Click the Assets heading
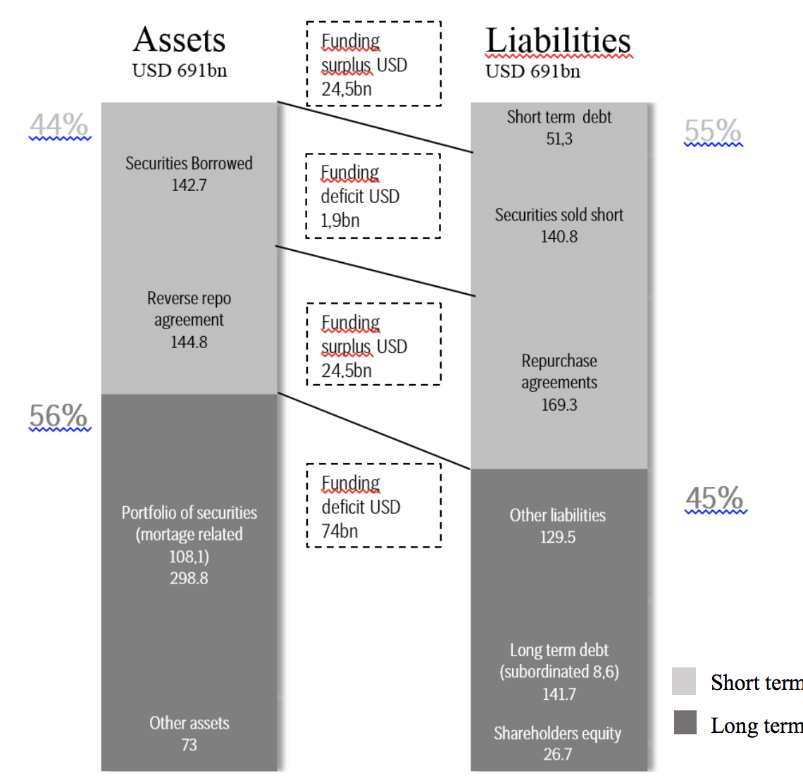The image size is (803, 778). point(180,40)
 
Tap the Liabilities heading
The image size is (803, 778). point(558,41)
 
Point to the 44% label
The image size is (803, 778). point(59,125)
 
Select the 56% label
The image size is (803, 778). point(58,416)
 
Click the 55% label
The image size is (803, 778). point(713,131)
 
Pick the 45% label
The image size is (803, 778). point(714,498)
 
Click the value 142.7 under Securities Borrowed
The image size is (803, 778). point(189,185)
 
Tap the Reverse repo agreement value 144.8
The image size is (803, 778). point(189,342)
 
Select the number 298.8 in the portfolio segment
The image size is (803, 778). point(189,579)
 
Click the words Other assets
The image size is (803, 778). point(189,723)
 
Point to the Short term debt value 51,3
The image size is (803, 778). point(559,139)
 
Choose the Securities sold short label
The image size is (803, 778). point(559,215)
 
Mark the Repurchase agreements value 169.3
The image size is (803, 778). point(559,405)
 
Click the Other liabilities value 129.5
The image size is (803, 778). point(558,537)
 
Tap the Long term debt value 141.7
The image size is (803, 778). point(559,694)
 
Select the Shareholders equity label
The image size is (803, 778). point(558,734)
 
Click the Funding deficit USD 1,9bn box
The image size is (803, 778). point(373,196)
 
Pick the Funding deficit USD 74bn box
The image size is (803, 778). point(373,505)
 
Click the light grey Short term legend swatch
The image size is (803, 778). point(684,681)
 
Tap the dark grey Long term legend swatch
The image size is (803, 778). point(685,723)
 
